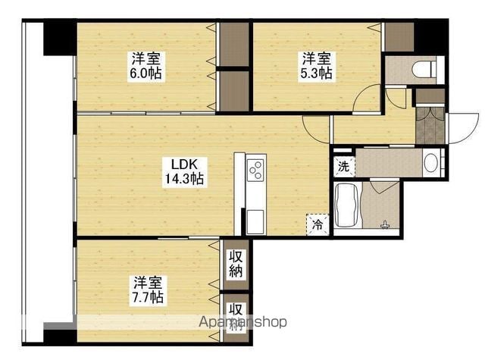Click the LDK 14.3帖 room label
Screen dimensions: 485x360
click(x=183, y=171)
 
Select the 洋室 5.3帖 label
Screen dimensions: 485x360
click(x=317, y=66)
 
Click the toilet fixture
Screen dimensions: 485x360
click(x=424, y=69)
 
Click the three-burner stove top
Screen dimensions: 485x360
click(x=256, y=170)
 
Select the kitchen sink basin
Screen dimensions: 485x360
click(x=255, y=221)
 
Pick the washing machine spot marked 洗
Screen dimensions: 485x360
click(x=343, y=167)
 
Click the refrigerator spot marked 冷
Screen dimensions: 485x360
click(x=318, y=224)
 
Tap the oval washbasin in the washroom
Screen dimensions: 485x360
click(x=430, y=163)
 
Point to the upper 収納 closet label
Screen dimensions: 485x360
click(x=236, y=264)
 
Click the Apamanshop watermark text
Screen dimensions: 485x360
click(x=242, y=322)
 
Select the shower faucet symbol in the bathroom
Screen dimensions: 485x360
click(x=385, y=225)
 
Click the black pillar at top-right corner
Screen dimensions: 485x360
click(x=431, y=36)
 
